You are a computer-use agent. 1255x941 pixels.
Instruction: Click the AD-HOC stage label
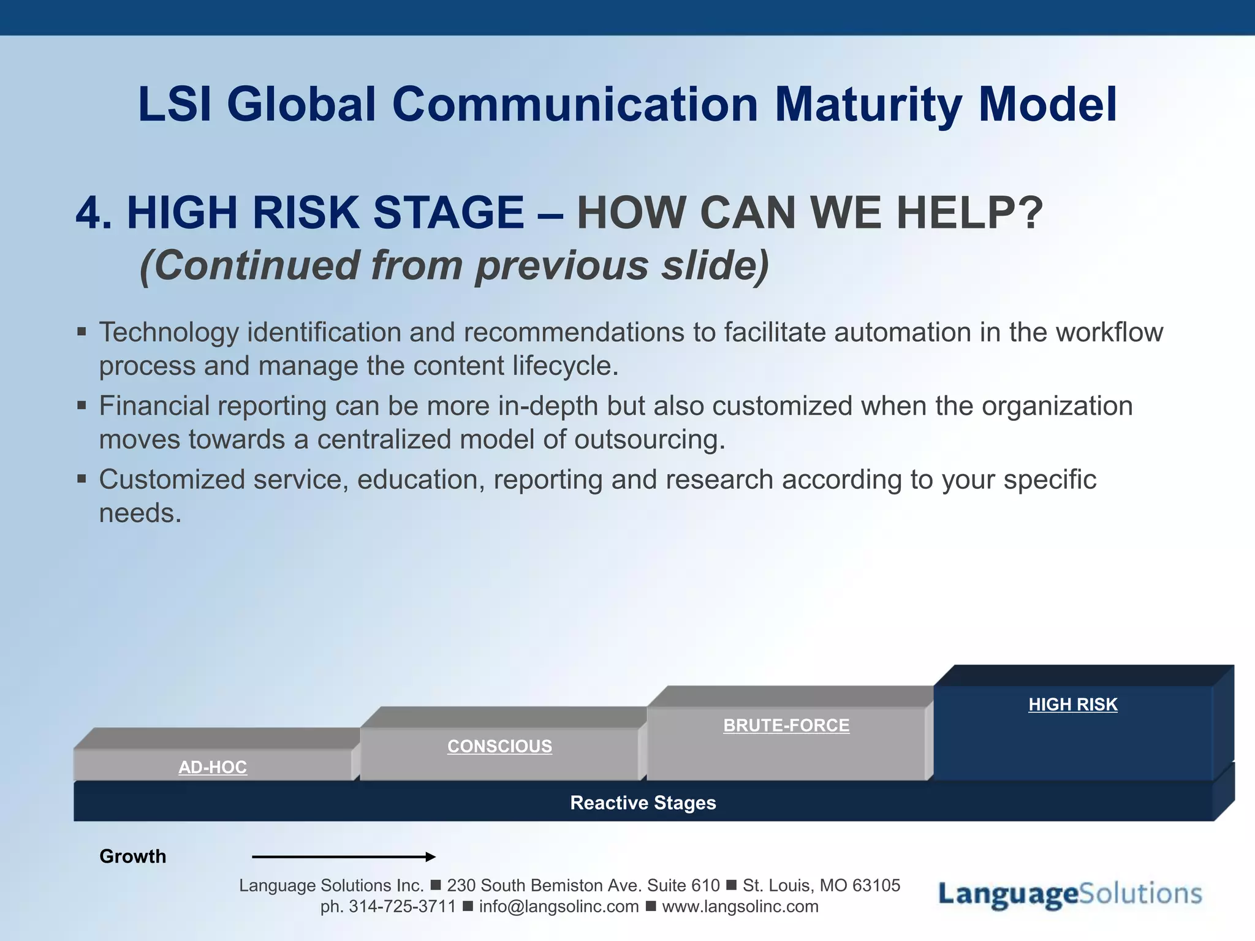pos(213,767)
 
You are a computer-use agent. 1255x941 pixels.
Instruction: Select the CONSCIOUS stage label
pos(499,746)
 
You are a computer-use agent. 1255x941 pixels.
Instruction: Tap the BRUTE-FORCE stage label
pos(786,725)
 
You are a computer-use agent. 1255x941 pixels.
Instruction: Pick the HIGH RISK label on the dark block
pos(1073,705)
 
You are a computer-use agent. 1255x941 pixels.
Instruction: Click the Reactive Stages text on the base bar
pos(643,803)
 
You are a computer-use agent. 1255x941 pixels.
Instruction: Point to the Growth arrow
pos(344,856)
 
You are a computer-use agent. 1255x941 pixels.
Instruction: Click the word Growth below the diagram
pos(132,856)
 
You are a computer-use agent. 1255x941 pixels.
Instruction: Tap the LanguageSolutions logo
pos(1070,894)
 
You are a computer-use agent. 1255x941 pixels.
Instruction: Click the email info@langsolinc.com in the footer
pos(559,907)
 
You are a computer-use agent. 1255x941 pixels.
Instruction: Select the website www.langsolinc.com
pos(740,907)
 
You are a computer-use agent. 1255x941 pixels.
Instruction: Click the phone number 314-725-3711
pos(402,907)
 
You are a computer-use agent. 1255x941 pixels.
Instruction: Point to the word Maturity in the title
pos(868,104)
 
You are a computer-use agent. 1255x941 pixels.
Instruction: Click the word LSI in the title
pos(174,104)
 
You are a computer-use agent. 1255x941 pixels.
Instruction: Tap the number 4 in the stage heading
pos(88,213)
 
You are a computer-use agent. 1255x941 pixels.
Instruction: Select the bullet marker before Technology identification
pos(82,332)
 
